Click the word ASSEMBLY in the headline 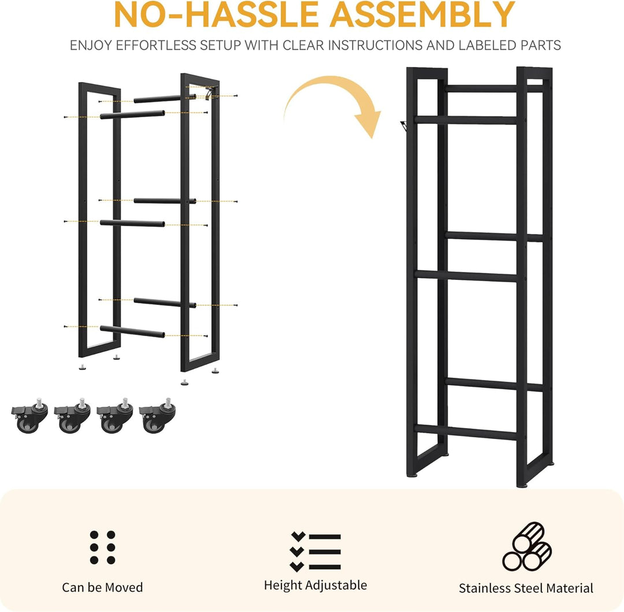coord(422,14)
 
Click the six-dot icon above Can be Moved coord(103,547)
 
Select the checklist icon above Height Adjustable coord(315,551)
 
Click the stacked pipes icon coord(527,546)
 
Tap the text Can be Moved coord(102,587)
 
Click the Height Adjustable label coord(315,585)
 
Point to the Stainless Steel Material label coord(526,588)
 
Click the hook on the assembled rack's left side coord(404,126)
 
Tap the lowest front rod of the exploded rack coord(132,331)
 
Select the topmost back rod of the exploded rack coord(165,98)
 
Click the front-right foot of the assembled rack coord(522,485)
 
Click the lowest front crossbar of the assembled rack coord(466,432)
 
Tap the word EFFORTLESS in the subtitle coord(158,46)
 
